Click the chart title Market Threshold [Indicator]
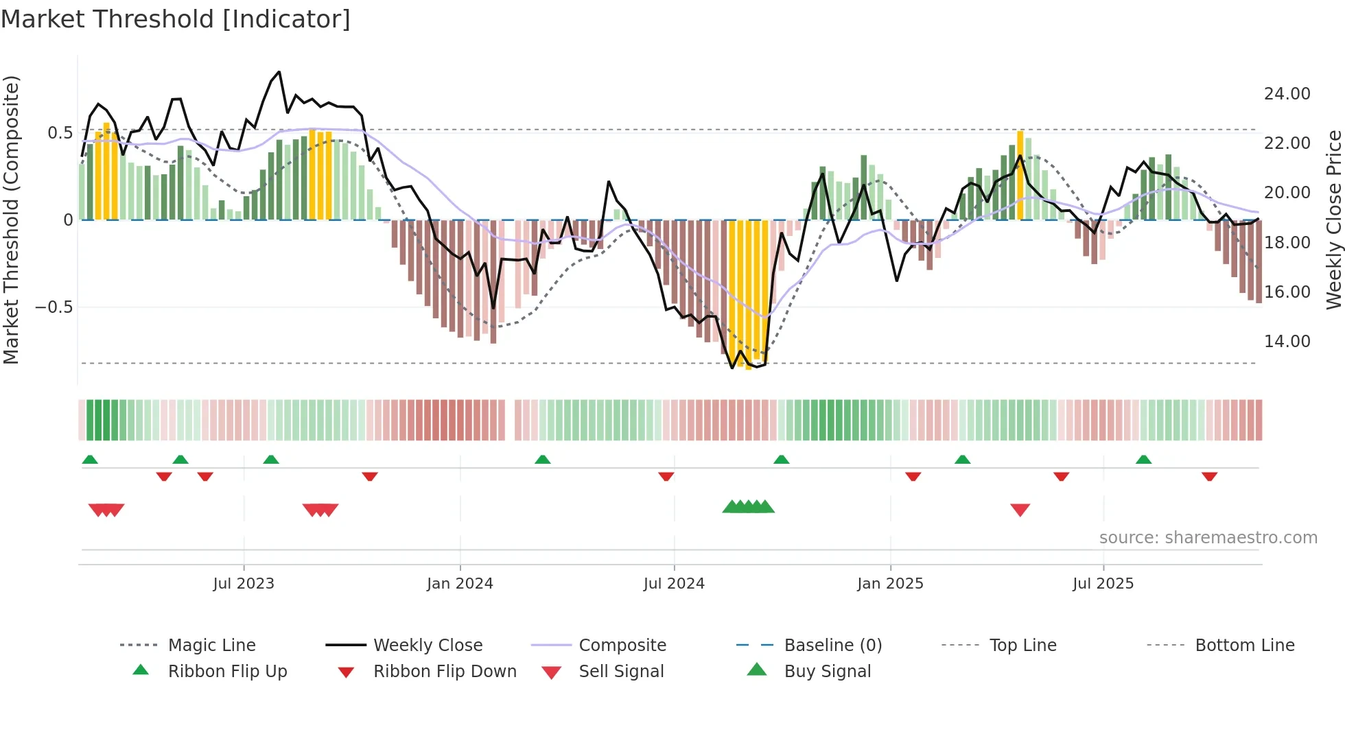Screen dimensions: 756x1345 [176, 19]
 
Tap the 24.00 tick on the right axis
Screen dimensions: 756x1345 [1287, 94]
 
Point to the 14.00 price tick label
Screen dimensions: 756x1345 [1287, 342]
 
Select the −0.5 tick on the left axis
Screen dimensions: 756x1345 [54, 307]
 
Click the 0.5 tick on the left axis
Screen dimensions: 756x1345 [60, 132]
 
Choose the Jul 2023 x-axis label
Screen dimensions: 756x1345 [244, 584]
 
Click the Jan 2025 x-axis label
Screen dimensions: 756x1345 [890, 584]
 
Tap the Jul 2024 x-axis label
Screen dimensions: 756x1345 [674, 584]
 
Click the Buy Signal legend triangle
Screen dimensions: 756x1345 [757, 670]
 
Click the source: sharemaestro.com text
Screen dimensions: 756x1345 [1208, 538]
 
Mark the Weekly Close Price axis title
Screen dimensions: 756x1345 [1333, 220]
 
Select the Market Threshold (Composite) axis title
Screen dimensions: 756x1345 [11, 220]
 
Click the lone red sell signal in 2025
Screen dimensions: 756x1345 [1020, 509]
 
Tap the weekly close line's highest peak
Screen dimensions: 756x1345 [279, 72]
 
